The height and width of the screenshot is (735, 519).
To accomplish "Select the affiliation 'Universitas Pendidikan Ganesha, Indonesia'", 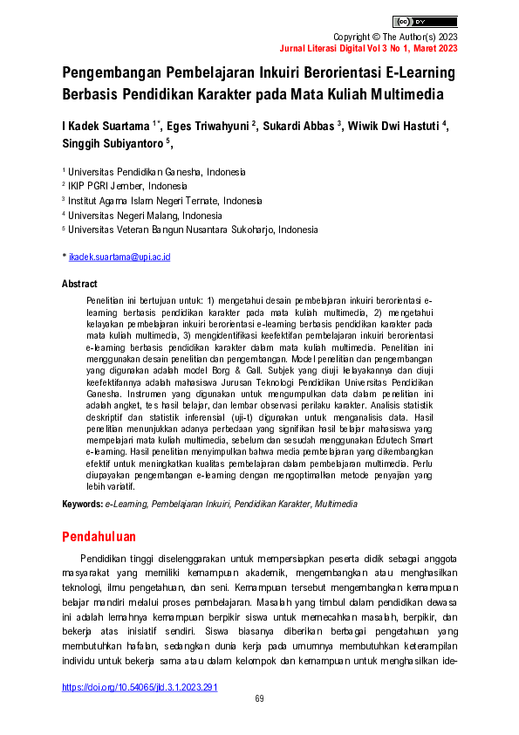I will (157, 172).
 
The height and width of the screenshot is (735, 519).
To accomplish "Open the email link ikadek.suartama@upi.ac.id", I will (120, 258).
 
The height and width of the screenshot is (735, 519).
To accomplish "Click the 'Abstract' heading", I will (79, 284).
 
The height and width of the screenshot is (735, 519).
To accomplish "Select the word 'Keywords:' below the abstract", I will (82, 505).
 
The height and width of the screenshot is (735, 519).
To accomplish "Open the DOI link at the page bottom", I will (139, 687).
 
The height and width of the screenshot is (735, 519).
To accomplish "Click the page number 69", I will (259, 699).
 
